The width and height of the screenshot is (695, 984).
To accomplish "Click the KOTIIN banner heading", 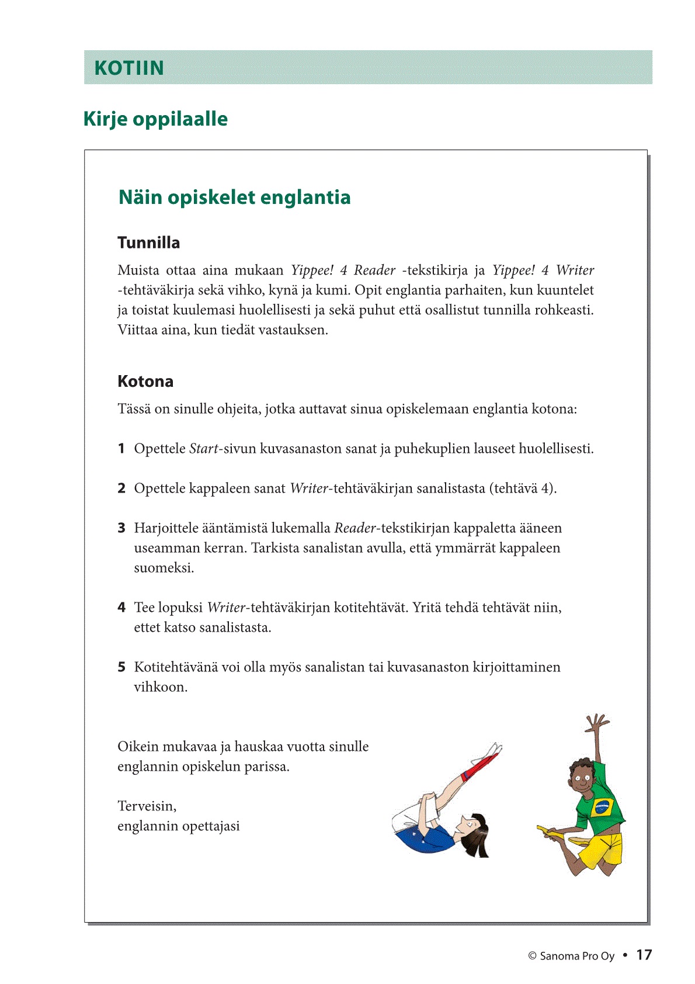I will (x=129, y=68).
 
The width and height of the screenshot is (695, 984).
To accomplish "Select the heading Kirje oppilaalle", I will (x=155, y=119).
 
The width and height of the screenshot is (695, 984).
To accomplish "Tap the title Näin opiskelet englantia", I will (x=234, y=198).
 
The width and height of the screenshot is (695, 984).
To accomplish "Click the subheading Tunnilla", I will (x=148, y=242).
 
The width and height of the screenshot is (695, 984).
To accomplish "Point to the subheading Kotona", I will (x=145, y=381).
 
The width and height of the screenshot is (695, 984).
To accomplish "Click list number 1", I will (x=121, y=449).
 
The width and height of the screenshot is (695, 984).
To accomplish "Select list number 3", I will (x=121, y=528).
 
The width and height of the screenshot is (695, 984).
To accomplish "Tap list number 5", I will (x=121, y=667).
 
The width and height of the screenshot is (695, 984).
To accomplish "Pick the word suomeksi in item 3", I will (x=164, y=568).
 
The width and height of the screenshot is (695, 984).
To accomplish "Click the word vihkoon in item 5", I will (x=160, y=687).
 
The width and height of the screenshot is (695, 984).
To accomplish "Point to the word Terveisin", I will (x=147, y=806).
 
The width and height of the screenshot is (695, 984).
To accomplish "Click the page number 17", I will (x=644, y=955).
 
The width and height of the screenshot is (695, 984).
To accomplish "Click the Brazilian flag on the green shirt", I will (x=600, y=808).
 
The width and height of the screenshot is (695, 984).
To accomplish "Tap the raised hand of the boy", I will (x=596, y=723).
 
